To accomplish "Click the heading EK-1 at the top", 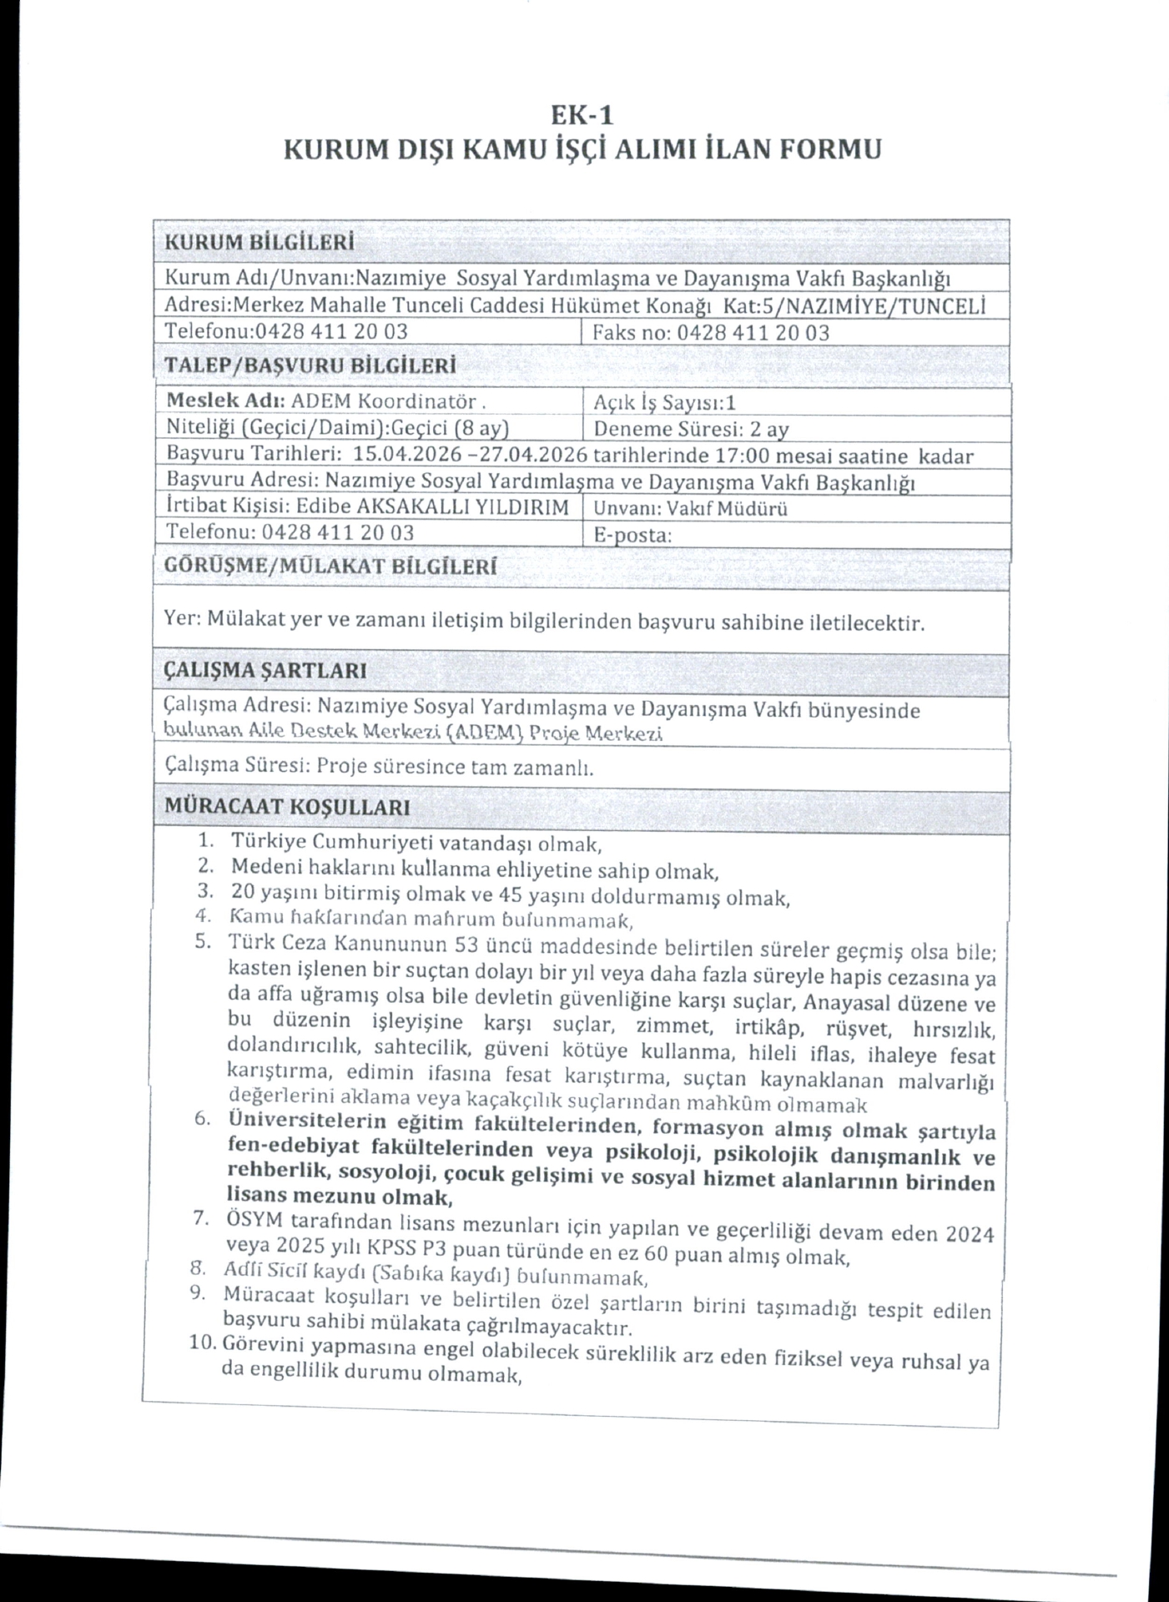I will click(x=583, y=113).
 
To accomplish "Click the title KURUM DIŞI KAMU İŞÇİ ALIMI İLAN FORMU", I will click(x=582, y=150).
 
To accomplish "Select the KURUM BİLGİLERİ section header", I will click(x=259, y=243).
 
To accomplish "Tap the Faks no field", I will click(x=711, y=333).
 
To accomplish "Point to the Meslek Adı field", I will click(x=325, y=401).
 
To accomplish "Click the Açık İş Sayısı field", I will click(x=664, y=403).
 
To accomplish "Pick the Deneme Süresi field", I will click(x=691, y=430).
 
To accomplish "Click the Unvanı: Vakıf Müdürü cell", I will click(x=690, y=509).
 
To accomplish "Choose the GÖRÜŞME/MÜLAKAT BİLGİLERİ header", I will click(x=330, y=567).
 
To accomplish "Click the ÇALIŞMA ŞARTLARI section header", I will click(x=266, y=671).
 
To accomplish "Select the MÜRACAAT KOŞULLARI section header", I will click(x=287, y=807).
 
